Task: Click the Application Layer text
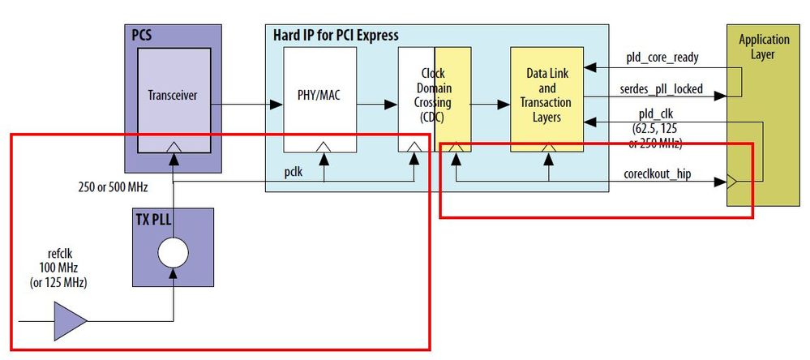pyautogui.click(x=763, y=47)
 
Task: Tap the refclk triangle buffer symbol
pyautogui.click(x=71, y=320)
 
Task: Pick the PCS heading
pyautogui.click(x=142, y=36)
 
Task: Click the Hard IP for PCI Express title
pyautogui.click(x=332, y=36)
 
